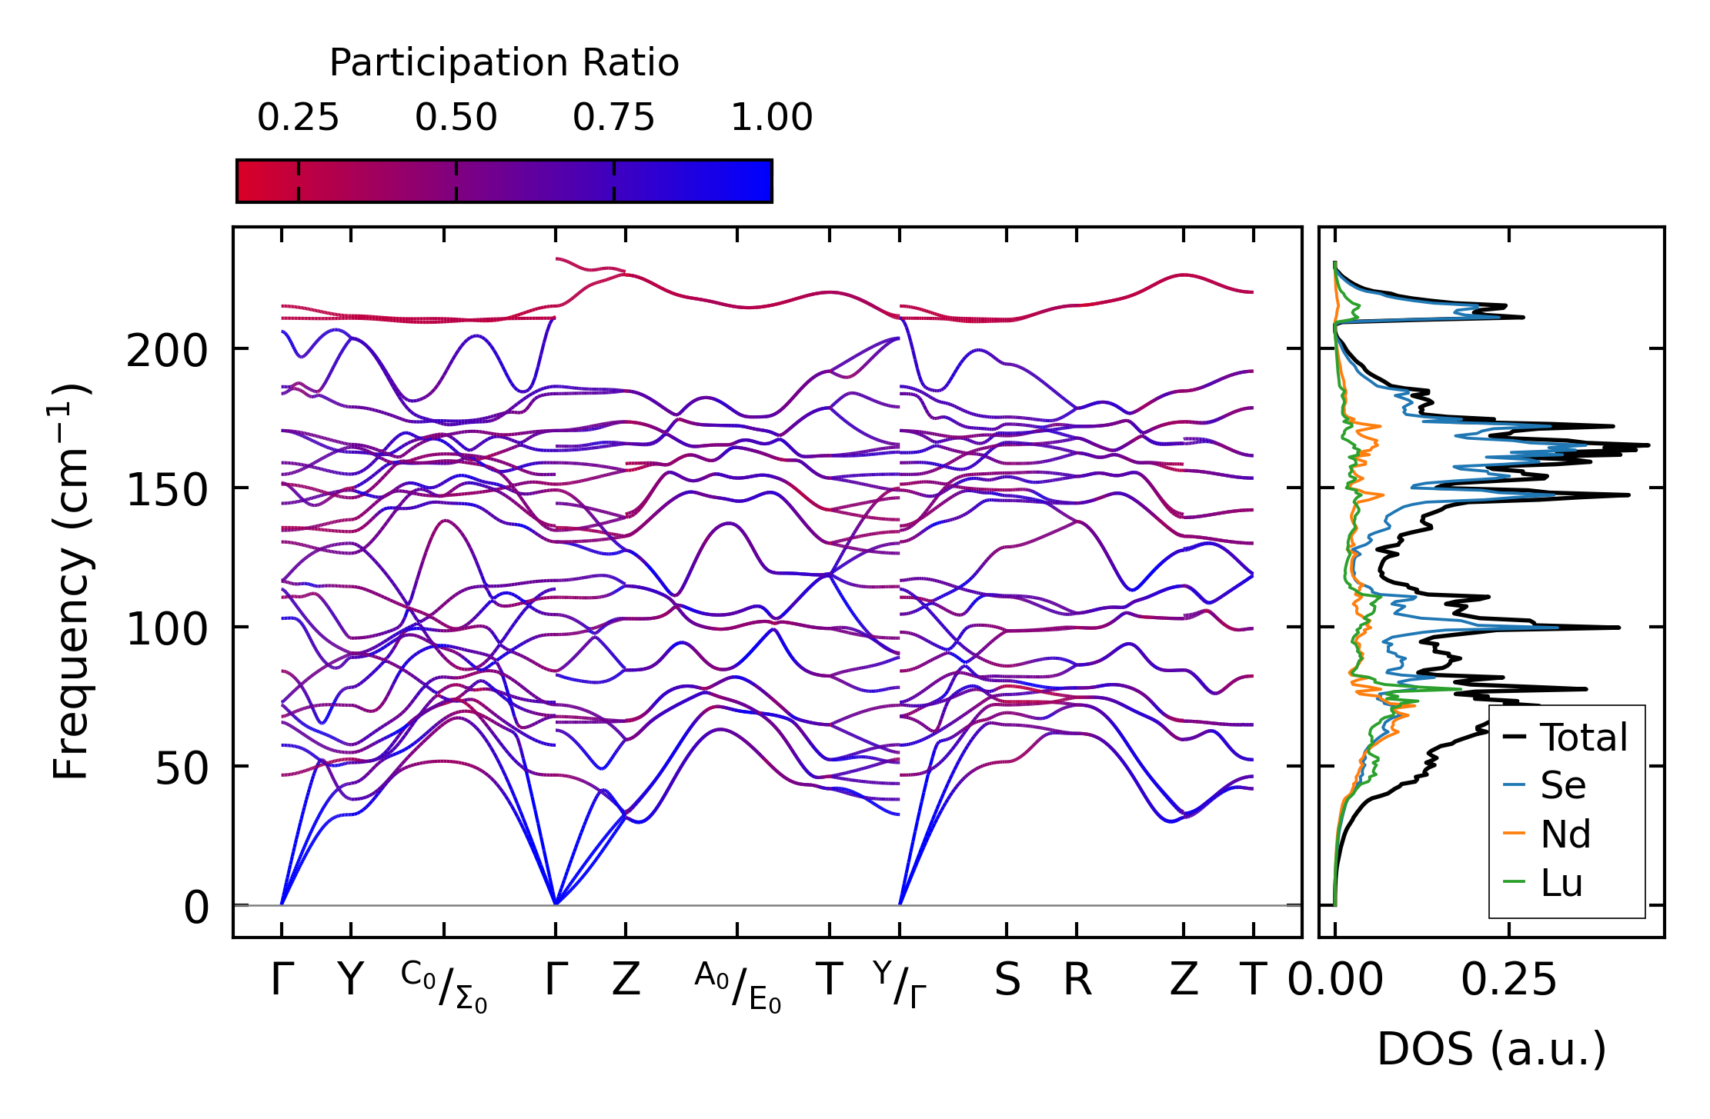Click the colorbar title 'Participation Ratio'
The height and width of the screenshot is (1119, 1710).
pyautogui.click(x=504, y=63)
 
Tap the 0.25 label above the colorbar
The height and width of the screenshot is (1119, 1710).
pyautogui.click(x=298, y=118)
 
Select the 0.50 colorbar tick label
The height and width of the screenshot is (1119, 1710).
pyautogui.click(x=456, y=118)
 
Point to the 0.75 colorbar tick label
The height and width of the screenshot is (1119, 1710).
pyautogui.click(x=613, y=118)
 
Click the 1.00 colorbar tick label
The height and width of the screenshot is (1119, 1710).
pyautogui.click(x=771, y=118)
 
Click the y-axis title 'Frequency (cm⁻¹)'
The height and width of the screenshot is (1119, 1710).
pyautogui.click(x=72, y=582)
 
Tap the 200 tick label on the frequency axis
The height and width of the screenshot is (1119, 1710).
pyautogui.click(x=167, y=353)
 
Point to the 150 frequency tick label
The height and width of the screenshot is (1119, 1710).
pyautogui.click(x=167, y=491)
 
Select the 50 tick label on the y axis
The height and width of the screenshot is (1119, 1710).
pyautogui.click(x=182, y=768)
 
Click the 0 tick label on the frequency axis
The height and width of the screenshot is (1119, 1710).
pyautogui.click(x=196, y=908)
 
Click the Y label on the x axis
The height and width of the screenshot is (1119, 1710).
pyautogui.click(x=350, y=981)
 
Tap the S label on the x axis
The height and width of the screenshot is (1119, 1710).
pyautogui.click(x=1007, y=981)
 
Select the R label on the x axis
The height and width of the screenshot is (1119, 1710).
pyautogui.click(x=1077, y=981)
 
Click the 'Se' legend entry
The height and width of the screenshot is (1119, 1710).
pyautogui.click(x=1563, y=786)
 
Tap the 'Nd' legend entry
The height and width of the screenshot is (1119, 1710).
pyautogui.click(x=1565, y=834)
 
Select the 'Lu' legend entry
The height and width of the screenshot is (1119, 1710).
pyautogui.click(x=1561, y=883)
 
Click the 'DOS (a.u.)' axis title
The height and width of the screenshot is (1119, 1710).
pyautogui.click(x=1491, y=1050)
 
